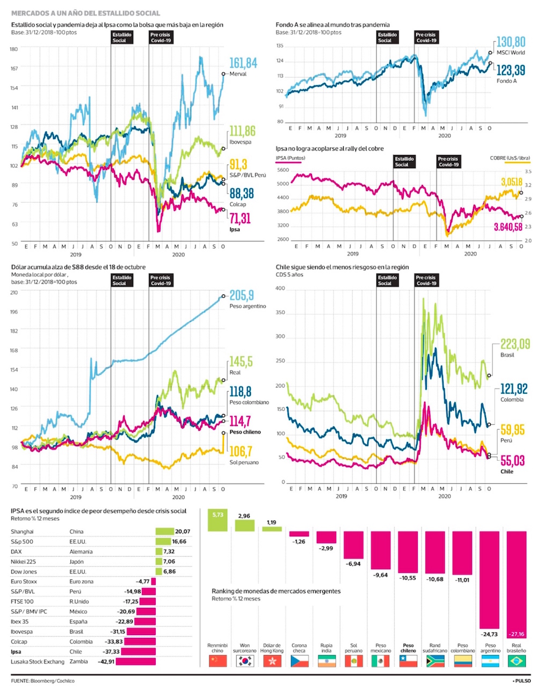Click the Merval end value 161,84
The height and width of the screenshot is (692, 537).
[243, 63]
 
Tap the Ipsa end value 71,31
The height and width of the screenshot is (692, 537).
[240, 218]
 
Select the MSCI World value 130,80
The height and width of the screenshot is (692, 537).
[511, 42]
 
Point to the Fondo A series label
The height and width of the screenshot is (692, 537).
[506, 81]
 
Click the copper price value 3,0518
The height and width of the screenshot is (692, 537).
[511, 182]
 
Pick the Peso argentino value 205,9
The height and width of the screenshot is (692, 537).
[242, 296]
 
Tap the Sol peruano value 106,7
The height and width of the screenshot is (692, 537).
[241, 452]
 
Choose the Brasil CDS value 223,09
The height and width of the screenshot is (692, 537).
[515, 344]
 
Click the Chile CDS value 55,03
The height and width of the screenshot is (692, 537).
[512, 461]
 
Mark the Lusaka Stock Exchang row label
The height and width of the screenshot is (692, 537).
[38, 661]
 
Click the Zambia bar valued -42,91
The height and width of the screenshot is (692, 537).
[135, 661]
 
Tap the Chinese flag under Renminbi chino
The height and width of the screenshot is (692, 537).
[217, 661]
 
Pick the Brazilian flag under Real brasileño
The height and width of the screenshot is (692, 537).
[517, 661]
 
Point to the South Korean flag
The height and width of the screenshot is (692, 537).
[245, 661]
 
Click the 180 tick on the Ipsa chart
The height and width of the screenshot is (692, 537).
[13, 49]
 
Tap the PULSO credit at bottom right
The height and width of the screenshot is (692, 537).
[521, 681]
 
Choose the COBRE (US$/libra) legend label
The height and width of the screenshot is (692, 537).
[510, 158]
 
